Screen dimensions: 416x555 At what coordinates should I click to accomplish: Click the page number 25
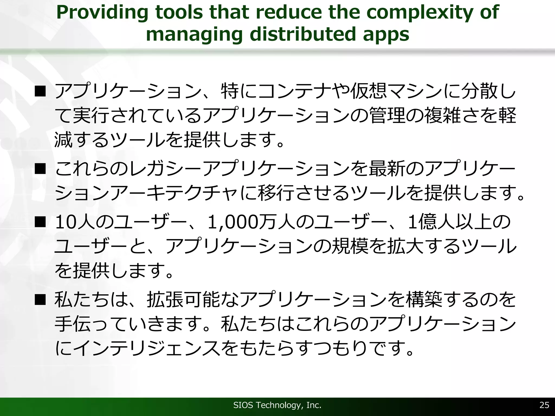point(544,405)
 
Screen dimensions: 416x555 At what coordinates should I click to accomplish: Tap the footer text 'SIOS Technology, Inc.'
point(277,405)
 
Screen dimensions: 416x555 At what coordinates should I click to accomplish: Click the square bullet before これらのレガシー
point(40,169)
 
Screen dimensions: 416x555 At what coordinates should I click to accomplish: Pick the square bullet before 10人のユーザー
point(40,222)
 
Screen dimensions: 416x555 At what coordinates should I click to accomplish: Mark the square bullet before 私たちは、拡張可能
point(40,300)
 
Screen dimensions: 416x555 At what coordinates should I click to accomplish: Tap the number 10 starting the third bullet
point(65,222)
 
